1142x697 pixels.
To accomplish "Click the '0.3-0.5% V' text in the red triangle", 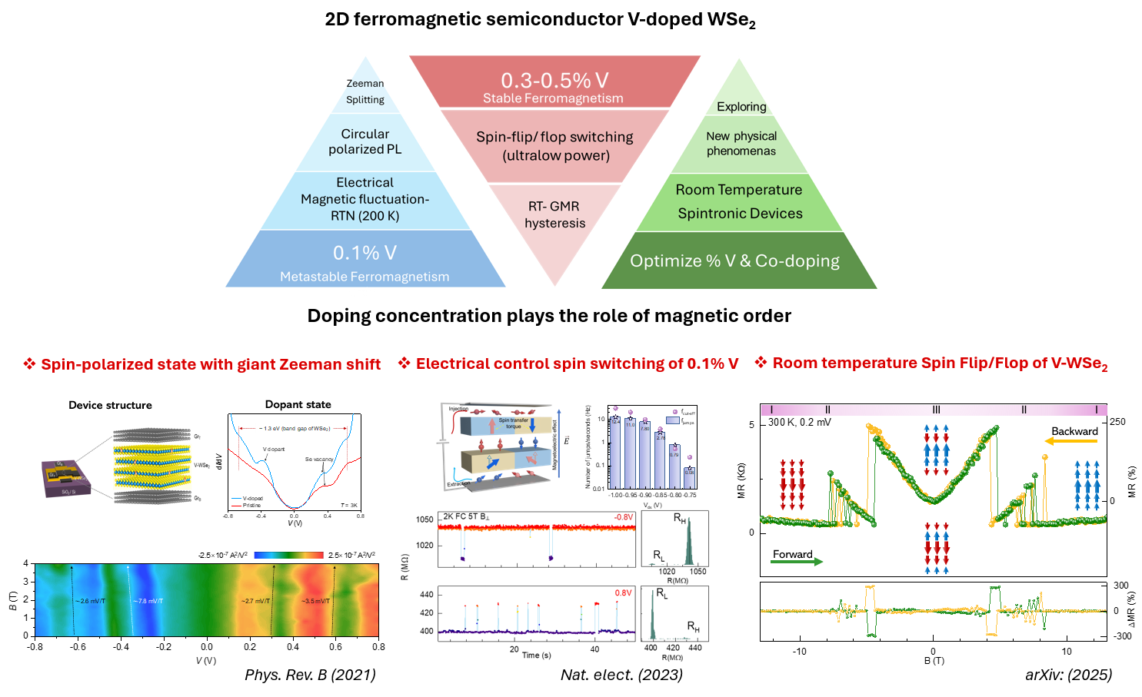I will [x=554, y=80].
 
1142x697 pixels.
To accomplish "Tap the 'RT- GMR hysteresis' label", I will [x=554, y=214].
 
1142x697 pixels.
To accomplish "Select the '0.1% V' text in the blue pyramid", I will [x=365, y=253].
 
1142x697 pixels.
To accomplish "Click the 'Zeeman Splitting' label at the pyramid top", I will [x=365, y=91].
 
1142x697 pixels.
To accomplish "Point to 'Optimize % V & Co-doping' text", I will [x=734, y=261].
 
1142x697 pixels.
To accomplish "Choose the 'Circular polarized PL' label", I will [x=365, y=141].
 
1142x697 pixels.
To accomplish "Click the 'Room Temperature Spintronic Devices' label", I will [x=739, y=201].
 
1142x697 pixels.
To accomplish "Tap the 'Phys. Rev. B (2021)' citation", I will [x=310, y=675].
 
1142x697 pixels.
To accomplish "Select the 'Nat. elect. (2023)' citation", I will [x=621, y=675].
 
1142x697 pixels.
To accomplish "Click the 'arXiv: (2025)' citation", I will [x=1068, y=675].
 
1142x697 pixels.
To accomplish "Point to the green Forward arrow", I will [x=796, y=562].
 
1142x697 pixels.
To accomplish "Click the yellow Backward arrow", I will [x=1070, y=441].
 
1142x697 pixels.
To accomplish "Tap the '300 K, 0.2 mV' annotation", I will [x=800, y=422].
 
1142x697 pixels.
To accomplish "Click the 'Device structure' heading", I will [x=110, y=405].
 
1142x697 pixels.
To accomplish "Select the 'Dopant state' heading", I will [x=298, y=404].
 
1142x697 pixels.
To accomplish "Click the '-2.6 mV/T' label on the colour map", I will [x=90, y=601].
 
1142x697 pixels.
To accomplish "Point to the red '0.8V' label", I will [x=623, y=593].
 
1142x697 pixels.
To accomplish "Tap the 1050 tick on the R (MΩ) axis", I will [x=425, y=519].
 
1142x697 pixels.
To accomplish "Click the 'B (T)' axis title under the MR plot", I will [x=934, y=661].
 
